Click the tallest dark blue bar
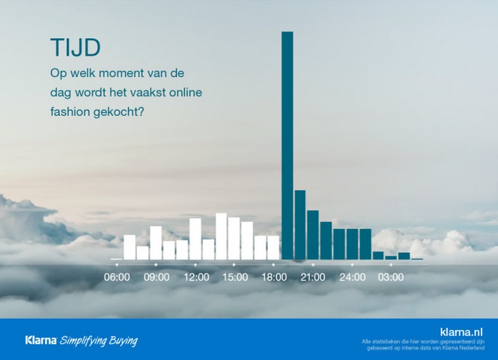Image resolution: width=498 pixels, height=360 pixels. pos(287,145)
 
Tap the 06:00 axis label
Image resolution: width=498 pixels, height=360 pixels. pos(117,277)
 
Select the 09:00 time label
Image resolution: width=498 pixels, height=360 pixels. pos(157,277)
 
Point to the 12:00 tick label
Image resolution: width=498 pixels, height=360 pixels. pos(196,277)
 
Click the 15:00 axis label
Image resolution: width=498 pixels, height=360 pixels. pos(235,277)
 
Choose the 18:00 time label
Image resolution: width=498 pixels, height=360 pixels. pos(274,277)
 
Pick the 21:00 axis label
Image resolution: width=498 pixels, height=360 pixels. pos(313,277)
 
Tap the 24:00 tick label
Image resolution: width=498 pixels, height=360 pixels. pos(352,277)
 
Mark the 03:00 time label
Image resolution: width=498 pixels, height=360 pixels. pos(391,277)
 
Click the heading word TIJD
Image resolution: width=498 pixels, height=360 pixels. pos(76,48)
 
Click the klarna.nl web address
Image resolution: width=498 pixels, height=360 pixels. pos(461,332)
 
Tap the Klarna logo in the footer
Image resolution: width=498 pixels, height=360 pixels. pos(41,341)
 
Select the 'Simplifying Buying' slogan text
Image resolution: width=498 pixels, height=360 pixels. pos(99,341)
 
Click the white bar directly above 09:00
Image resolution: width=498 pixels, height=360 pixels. pos(156,242)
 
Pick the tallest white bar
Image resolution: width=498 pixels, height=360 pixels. pos(221,237)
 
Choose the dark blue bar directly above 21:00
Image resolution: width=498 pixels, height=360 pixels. pos(313,235)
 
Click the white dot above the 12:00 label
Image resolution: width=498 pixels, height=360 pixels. pos(195,264)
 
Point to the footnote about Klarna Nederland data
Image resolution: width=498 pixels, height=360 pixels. pos(423,345)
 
